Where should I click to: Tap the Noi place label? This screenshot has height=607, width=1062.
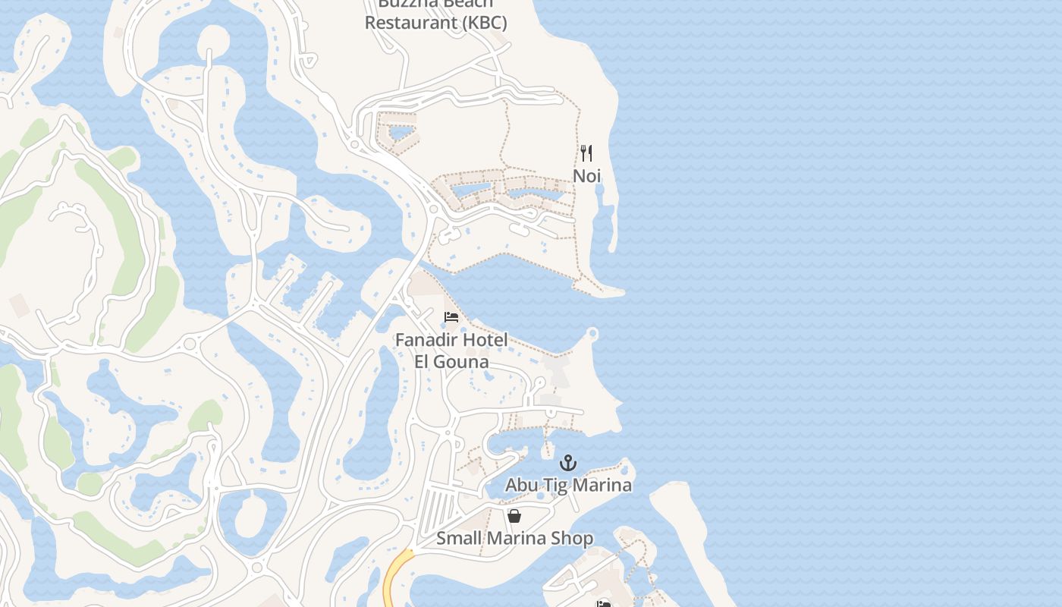pyautogui.click(x=586, y=176)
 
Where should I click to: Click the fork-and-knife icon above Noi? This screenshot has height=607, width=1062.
pyautogui.click(x=586, y=153)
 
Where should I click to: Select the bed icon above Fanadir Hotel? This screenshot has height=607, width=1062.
pyautogui.click(x=451, y=316)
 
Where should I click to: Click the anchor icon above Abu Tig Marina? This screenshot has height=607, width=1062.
pyautogui.click(x=568, y=462)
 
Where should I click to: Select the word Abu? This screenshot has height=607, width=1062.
pyautogui.click(x=521, y=485)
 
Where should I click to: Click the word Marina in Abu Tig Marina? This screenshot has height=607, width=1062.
pyautogui.click(x=603, y=485)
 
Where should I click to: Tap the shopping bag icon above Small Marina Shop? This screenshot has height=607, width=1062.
pyautogui.click(x=514, y=516)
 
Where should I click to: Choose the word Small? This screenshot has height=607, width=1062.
pyautogui.click(x=457, y=539)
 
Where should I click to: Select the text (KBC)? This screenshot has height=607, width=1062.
pyautogui.click(x=482, y=23)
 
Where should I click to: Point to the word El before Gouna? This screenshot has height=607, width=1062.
pyautogui.click(x=423, y=361)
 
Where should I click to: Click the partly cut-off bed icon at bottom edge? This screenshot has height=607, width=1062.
pyautogui.click(x=604, y=604)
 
